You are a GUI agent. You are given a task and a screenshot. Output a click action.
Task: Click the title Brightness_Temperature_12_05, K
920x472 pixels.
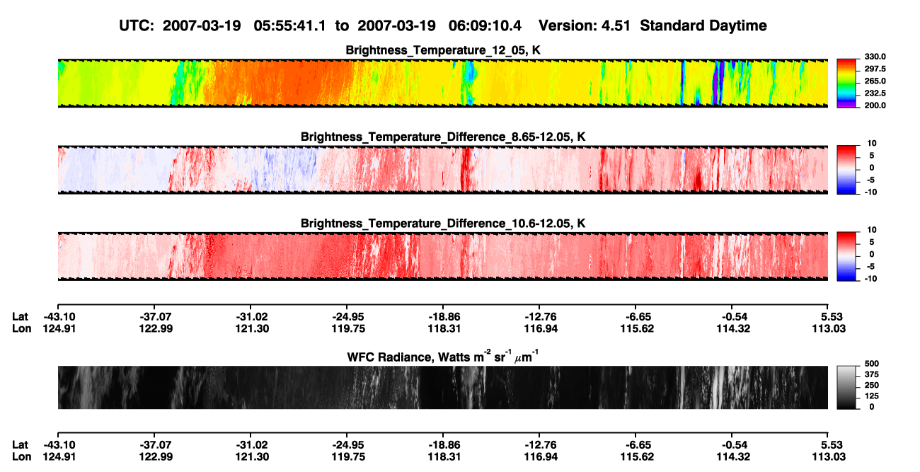[x=443, y=50]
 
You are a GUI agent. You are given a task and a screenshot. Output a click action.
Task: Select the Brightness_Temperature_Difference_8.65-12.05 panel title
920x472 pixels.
[x=443, y=137]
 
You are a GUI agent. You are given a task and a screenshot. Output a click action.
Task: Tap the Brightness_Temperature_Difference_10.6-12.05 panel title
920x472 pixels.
[x=443, y=224]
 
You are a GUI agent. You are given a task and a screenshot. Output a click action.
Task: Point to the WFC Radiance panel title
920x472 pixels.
[x=443, y=356]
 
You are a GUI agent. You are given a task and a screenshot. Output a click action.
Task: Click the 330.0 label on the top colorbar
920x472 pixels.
[x=875, y=57]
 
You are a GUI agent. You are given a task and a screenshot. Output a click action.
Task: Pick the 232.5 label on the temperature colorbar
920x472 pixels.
[x=875, y=93]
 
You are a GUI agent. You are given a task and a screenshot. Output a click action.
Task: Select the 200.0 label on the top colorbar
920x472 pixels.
[x=875, y=105]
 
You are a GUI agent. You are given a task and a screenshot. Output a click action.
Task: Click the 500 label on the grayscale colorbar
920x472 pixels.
[x=872, y=364]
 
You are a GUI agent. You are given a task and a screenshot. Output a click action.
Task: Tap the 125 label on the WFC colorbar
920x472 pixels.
[x=872, y=396]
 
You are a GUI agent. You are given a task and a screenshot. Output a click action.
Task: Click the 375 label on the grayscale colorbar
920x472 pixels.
[x=872, y=374]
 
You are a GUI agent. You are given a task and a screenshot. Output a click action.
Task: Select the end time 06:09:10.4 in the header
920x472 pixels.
[x=485, y=25]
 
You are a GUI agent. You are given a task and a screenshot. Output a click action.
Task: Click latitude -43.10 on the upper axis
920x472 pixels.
[x=59, y=317]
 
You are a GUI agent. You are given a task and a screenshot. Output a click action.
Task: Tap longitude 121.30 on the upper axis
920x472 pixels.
[x=252, y=328]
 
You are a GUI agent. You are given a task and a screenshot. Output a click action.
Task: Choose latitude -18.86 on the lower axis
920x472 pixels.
[x=444, y=445]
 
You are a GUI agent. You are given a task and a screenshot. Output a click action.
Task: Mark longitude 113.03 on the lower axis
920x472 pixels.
[x=829, y=457]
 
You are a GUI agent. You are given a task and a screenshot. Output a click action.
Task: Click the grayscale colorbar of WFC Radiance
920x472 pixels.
[x=846, y=387]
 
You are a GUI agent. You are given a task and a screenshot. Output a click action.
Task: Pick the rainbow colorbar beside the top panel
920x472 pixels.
[x=846, y=84]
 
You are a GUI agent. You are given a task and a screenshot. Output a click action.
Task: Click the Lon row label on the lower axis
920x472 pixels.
[x=21, y=457]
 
